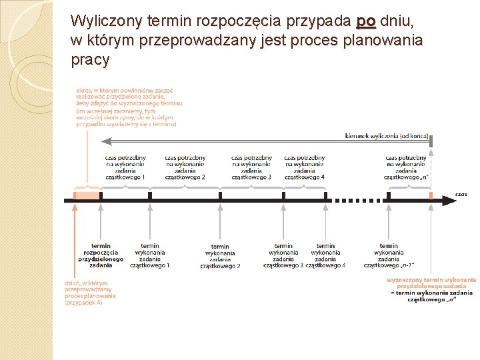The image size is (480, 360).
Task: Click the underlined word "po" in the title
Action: (x=366, y=22)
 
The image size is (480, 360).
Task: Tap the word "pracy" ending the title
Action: (x=90, y=60)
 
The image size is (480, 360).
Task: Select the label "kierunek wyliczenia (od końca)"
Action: (x=387, y=136)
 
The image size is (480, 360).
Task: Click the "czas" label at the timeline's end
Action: (x=461, y=194)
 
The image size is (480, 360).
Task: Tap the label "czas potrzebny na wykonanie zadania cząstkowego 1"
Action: (x=125, y=167)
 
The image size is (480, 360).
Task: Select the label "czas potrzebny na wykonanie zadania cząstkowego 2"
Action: (x=185, y=167)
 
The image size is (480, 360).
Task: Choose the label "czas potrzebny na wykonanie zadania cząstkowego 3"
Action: (x=251, y=167)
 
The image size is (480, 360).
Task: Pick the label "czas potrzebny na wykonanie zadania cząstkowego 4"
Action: (x=304, y=167)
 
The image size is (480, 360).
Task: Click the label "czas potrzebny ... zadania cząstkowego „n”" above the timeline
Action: (x=405, y=167)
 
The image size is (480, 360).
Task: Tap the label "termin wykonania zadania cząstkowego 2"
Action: (x=220, y=257)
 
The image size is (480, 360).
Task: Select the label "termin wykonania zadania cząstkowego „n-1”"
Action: (x=389, y=256)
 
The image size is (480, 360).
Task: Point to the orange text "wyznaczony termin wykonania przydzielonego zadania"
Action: (x=431, y=283)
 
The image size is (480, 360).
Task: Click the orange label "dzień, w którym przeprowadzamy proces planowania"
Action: (x=90, y=292)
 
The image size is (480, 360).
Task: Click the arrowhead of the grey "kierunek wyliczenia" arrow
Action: (x=105, y=141)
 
